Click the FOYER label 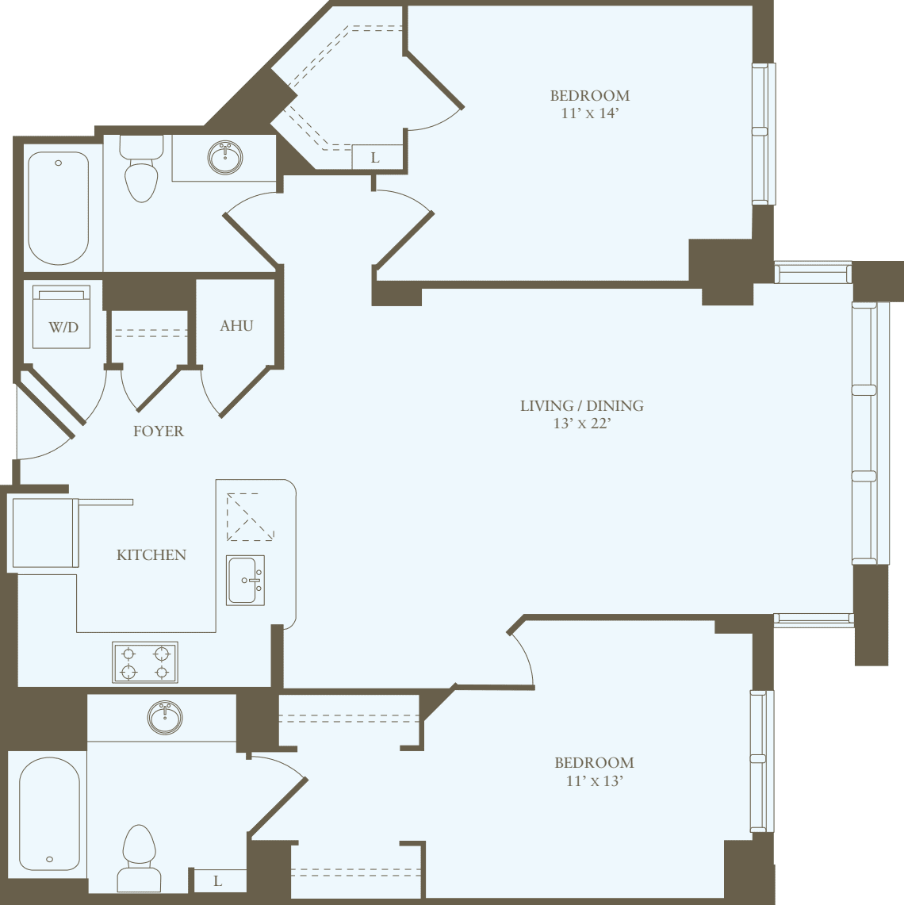tap(158, 431)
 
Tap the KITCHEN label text tap(151, 555)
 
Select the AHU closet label tap(236, 326)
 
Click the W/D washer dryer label tap(63, 328)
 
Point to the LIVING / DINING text tap(581, 406)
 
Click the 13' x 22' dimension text tap(581, 424)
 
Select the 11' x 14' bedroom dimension tap(589, 113)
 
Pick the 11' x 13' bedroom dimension tap(594, 780)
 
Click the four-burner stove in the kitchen tap(145, 662)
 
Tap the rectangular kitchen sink tap(245, 580)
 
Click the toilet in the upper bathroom tap(141, 174)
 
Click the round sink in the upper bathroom tap(225, 157)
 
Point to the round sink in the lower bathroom tap(165, 717)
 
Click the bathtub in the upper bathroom tap(59, 209)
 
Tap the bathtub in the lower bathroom tap(49, 813)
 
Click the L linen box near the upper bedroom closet tap(376, 157)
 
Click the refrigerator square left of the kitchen tap(44, 532)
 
